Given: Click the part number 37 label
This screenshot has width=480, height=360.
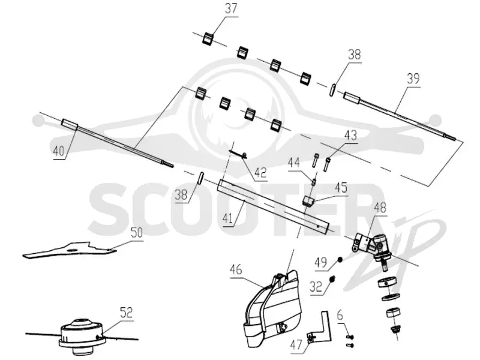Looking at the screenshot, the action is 231,8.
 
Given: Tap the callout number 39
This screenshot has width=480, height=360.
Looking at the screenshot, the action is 413,79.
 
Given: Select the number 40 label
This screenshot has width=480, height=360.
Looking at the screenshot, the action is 59,151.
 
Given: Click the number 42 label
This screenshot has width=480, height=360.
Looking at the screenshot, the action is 260,173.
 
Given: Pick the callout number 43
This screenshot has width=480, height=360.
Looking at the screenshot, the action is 350,135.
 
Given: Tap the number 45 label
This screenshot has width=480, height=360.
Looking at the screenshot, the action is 341,187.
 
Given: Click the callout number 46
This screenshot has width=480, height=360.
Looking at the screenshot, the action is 236,269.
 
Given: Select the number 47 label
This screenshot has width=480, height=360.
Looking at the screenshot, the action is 296,346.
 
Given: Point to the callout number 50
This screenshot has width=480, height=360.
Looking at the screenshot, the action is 137,233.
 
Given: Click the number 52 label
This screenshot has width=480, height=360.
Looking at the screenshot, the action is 126,313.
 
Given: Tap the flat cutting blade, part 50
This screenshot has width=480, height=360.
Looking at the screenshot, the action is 70,250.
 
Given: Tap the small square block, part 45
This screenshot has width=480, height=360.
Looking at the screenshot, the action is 307,201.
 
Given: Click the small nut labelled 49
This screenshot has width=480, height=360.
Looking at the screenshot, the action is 340,260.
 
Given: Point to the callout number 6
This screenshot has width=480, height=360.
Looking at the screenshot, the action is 340,316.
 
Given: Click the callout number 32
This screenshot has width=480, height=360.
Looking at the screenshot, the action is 316,287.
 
